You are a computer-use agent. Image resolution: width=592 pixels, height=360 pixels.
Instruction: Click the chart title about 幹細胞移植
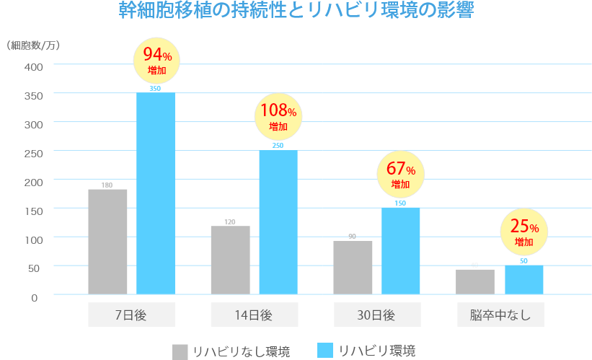[296, 12]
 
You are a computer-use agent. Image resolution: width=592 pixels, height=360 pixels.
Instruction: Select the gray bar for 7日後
[107, 241]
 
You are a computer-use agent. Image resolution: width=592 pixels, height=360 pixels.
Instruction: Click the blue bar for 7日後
[156, 193]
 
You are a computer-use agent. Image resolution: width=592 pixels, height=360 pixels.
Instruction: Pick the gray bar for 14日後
[230, 260]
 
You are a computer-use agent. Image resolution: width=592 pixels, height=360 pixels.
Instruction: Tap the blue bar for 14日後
[278, 222]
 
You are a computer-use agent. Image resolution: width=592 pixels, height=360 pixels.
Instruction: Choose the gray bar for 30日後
[353, 267]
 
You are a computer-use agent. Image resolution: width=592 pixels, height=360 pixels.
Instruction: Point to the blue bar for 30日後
[401, 251]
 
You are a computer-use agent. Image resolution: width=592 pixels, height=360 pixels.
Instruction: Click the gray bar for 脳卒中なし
[475, 281]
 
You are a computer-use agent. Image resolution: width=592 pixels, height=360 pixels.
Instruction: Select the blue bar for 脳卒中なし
[523, 280]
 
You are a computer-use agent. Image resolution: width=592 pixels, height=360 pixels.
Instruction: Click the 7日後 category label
[132, 315]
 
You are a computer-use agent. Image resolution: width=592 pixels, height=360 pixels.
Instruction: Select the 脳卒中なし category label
[500, 315]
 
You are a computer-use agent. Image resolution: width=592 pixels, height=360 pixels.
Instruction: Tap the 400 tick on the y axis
[35, 66]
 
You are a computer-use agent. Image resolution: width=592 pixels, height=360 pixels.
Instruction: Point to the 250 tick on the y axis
[35, 152]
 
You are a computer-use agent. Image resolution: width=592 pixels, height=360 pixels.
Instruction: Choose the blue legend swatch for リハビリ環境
[325, 350]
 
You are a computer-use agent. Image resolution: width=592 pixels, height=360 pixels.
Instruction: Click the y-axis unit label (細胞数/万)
[33, 45]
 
